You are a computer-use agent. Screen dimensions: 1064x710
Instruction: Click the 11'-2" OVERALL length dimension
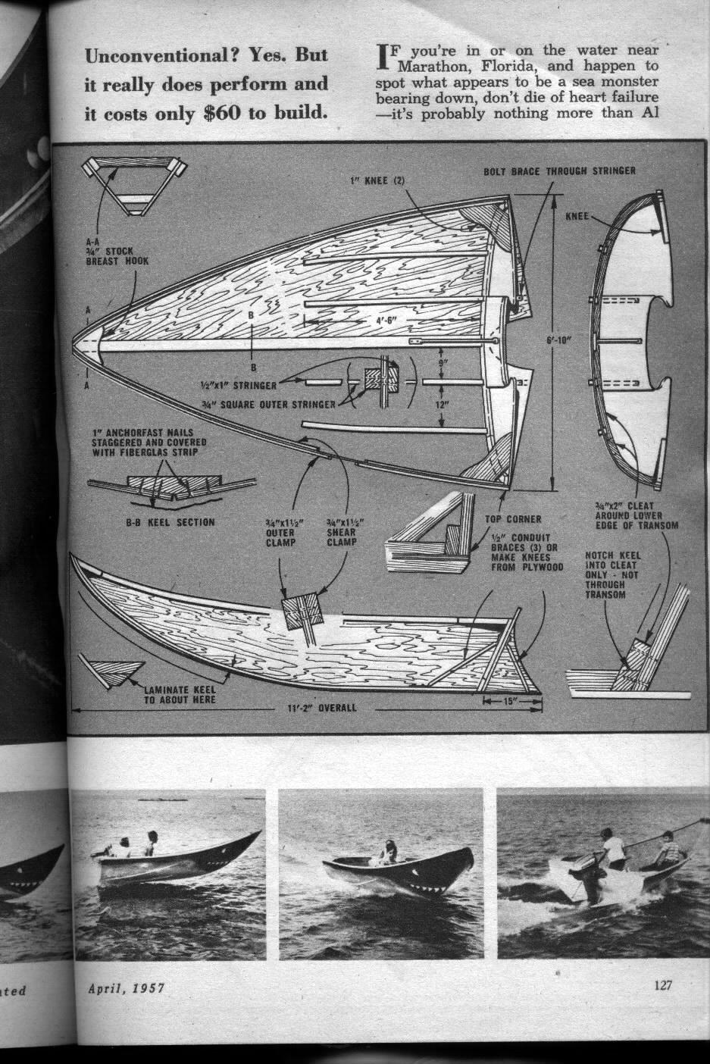click(317, 709)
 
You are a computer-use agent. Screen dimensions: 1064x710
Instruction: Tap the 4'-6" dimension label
click(393, 321)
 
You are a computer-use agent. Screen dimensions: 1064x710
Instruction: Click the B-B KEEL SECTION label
click(170, 522)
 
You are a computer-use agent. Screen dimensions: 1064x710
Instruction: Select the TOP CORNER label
click(513, 519)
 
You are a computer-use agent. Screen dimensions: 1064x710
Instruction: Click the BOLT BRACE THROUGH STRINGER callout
click(559, 171)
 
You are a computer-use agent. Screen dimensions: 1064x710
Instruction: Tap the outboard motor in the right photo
click(587, 875)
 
